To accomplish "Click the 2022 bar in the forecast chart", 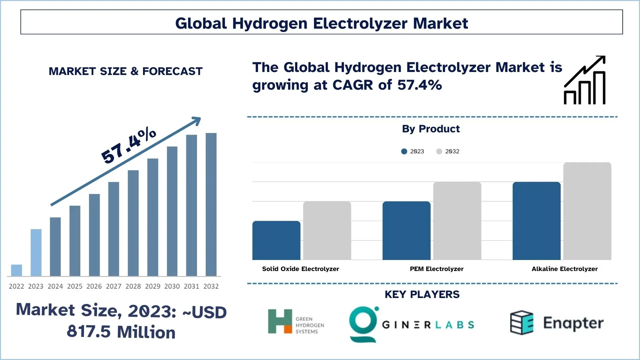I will [x=16, y=270].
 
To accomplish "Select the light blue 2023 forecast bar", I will [x=36, y=252].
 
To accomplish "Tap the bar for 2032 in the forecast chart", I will [x=211, y=204].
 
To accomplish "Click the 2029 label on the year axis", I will [x=153, y=286].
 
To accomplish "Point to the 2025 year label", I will [x=75, y=286].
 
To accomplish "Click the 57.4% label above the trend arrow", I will [x=129, y=146].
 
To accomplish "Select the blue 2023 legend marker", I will [x=404, y=151].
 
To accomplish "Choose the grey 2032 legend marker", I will [x=439, y=151].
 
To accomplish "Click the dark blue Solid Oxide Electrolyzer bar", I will [x=276, y=240].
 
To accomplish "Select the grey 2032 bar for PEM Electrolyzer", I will [x=457, y=221].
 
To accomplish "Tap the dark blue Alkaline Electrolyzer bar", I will [x=536, y=221].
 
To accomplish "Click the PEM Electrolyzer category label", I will [x=436, y=269].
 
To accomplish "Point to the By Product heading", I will [x=431, y=129].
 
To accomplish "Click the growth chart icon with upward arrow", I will [x=585, y=80].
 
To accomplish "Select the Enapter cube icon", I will [x=522, y=323].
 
